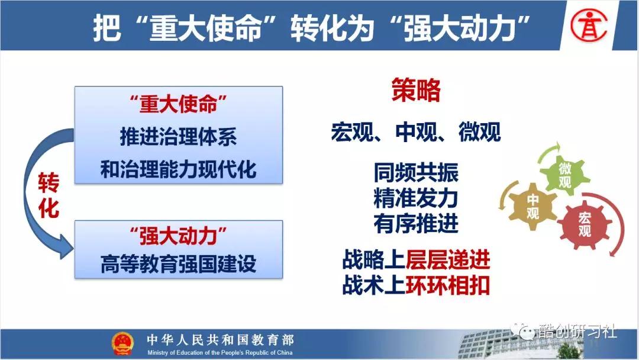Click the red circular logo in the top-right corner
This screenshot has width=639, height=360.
pyautogui.click(x=589, y=25)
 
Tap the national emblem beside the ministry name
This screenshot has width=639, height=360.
pyautogui.click(x=122, y=343)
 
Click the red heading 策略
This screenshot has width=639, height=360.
pyautogui.click(x=416, y=89)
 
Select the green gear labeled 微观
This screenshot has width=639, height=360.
pyautogui.click(x=564, y=175)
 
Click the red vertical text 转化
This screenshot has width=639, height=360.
pyautogui.click(x=49, y=195)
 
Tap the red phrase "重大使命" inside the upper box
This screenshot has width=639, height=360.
pyautogui.click(x=178, y=104)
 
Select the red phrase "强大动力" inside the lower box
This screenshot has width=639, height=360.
pyautogui.click(x=178, y=236)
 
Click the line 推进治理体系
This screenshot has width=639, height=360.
pyautogui.click(x=179, y=136)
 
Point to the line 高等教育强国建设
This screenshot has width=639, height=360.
pyautogui.click(x=179, y=263)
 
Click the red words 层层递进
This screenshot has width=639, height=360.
pyautogui.click(x=447, y=259)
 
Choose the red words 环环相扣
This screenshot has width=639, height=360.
pyautogui.click(x=447, y=285)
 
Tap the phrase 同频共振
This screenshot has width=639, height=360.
pyautogui.click(x=416, y=172)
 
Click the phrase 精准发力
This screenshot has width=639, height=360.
pyautogui.click(x=416, y=198)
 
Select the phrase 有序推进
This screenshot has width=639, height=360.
pyautogui.click(x=416, y=224)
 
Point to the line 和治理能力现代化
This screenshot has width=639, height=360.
pyautogui.click(x=179, y=169)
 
